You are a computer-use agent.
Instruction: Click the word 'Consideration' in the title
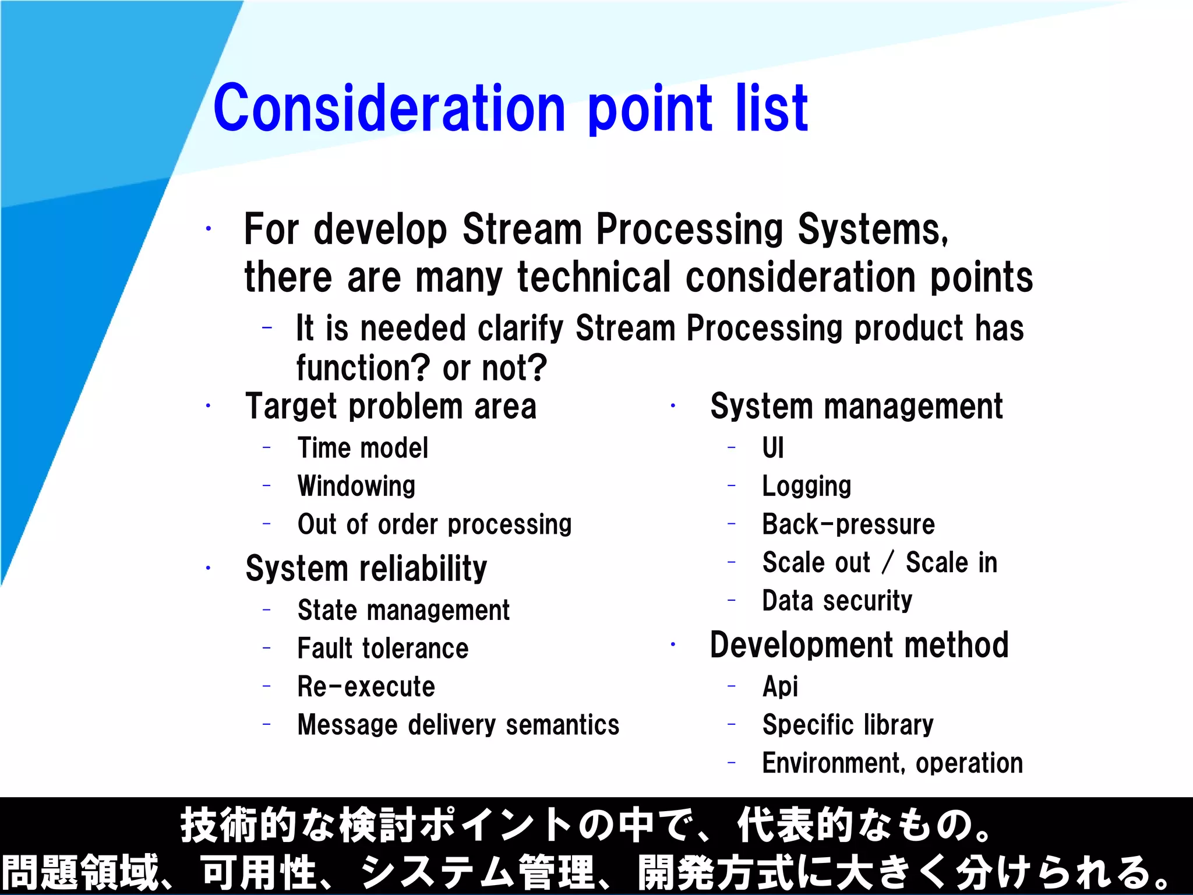(389, 108)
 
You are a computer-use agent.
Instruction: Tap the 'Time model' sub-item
(362, 448)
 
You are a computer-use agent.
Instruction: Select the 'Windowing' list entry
(356, 486)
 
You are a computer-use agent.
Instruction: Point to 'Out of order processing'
(434, 524)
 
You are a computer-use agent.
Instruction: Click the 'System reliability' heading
(366, 569)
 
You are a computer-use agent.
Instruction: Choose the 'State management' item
(403, 610)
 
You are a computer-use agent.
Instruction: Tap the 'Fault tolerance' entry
(383, 649)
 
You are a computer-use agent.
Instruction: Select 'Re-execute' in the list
(366, 686)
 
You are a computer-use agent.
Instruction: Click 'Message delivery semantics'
(458, 725)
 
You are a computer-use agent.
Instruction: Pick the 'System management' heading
(856, 407)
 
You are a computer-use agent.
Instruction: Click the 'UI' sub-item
(772, 448)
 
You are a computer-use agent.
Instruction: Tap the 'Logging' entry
(806, 486)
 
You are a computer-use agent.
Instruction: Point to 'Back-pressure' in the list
(848, 524)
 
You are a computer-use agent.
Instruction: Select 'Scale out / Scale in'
(880, 563)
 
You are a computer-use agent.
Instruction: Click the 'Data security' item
(837, 601)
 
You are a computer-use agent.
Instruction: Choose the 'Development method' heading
(859, 645)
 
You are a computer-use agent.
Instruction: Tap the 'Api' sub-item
(780, 686)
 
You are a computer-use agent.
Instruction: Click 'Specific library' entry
(848, 725)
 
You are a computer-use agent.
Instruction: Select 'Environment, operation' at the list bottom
(892, 763)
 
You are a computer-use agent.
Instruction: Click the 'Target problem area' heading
(390, 407)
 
